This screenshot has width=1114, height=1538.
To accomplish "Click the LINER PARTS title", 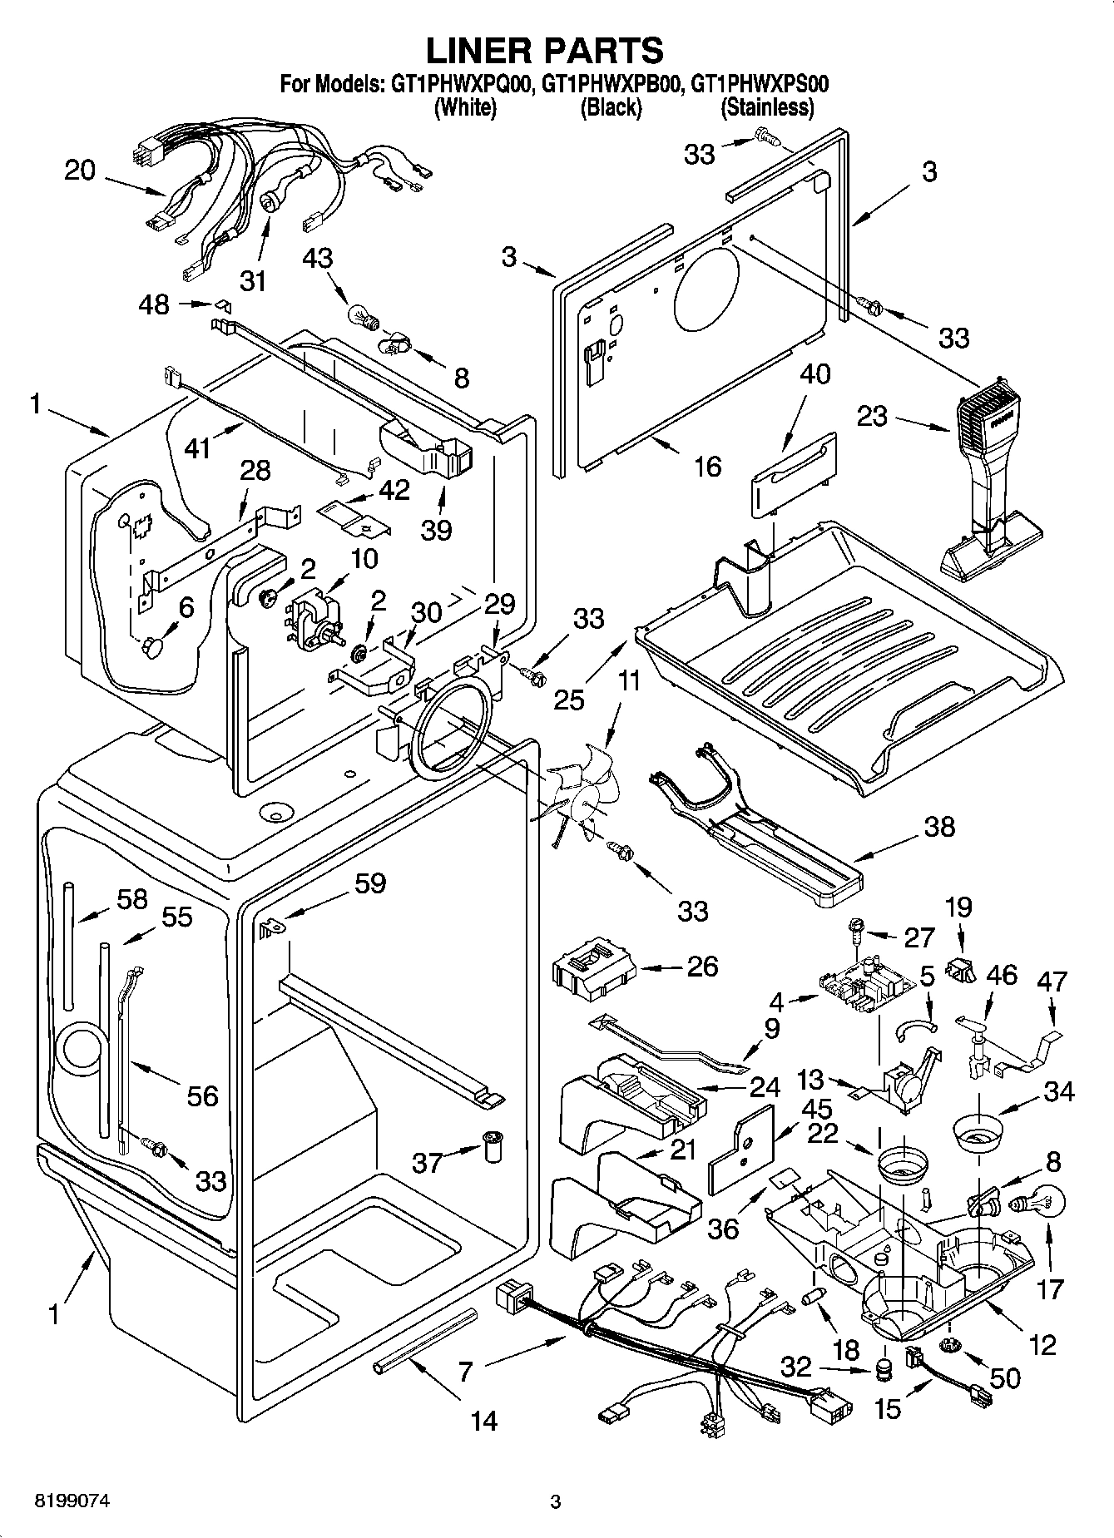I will coord(545,50).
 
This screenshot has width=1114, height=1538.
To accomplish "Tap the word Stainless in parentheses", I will coord(766,107).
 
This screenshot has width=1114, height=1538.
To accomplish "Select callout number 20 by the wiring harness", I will coord(80,171).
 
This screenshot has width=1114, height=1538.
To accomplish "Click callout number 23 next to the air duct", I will coord(872,416).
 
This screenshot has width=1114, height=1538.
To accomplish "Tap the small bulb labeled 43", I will coord(365,317).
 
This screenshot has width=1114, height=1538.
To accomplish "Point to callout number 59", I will coord(370,883).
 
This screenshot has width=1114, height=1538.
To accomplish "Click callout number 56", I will coord(201,1096).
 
